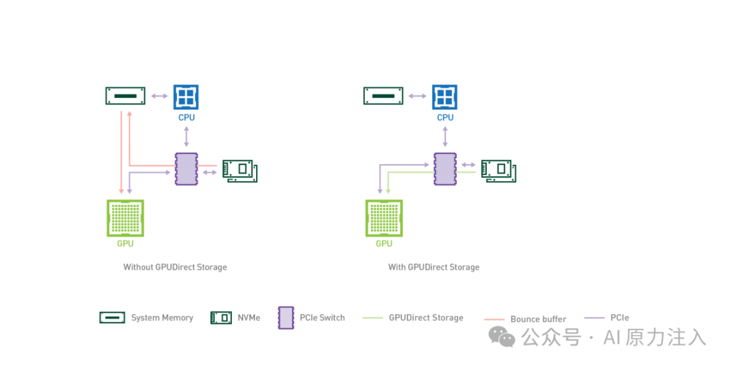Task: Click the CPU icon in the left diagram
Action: (x=186, y=97)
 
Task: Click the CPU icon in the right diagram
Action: (x=445, y=97)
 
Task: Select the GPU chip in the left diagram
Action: (x=125, y=218)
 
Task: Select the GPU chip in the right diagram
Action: (x=384, y=218)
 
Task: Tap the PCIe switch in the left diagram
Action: (x=186, y=169)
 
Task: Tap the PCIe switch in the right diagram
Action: (x=445, y=169)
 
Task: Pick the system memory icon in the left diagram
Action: (x=126, y=96)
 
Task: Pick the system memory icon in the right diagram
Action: (x=383, y=96)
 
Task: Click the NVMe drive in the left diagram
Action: (x=240, y=171)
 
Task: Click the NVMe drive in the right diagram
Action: (x=498, y=171)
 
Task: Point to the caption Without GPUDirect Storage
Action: (x=175, y=267)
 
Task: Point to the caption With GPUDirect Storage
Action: (x=433, y=267)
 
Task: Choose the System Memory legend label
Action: (x=162, y=318)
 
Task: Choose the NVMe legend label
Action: (x=249, y=318)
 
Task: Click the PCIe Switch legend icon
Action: (x=286, y=317)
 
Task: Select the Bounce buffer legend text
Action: (x=538, y=319)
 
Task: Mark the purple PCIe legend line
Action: (x=594, y=317)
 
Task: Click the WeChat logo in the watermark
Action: (x=502, y=336)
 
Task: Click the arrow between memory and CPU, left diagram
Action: (x=160, y=97)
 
